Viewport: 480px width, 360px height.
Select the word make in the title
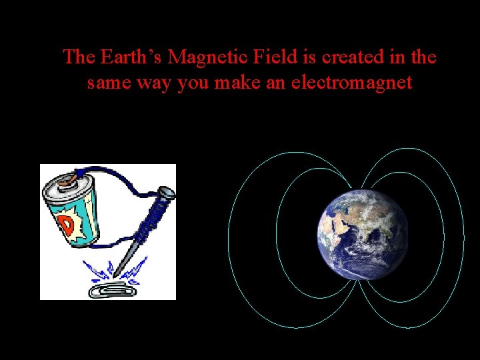coord(249,83)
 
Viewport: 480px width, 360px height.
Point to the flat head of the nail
coord(166,193)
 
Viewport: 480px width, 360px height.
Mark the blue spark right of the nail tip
coord(137,270)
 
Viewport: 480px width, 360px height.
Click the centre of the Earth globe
coord(363,234)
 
